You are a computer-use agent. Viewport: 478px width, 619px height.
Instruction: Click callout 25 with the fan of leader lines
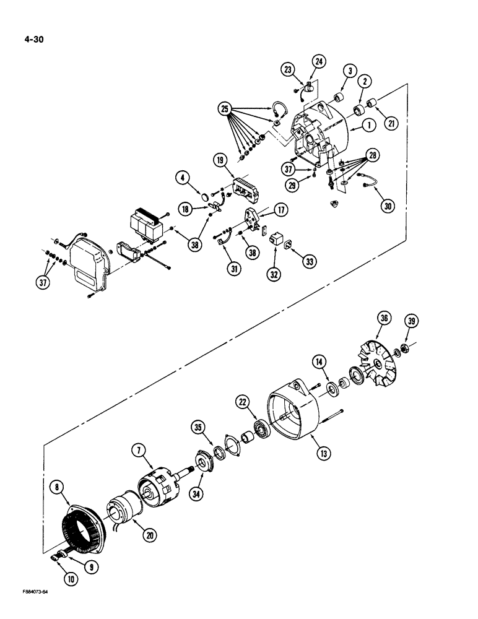point(225,110)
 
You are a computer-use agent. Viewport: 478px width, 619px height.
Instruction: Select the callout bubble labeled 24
point(318,61)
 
